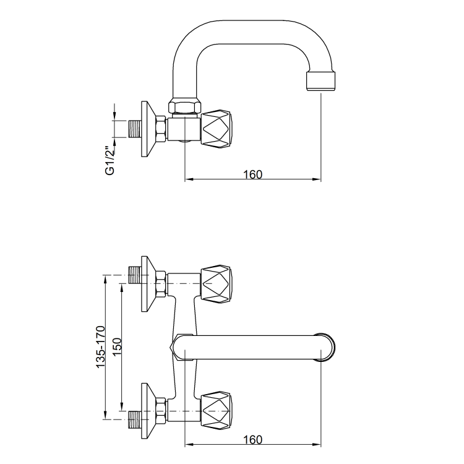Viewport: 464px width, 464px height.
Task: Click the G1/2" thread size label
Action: [110, 160]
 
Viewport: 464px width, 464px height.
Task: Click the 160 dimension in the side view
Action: [252, 174]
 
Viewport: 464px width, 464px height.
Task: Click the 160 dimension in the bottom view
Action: [252, 439]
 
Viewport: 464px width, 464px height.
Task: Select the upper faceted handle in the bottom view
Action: [217, 284]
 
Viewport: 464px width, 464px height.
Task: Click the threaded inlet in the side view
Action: [134, 129]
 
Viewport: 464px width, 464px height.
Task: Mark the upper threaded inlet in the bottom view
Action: [134, 276]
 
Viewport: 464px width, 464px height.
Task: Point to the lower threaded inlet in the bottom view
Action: [134, 418]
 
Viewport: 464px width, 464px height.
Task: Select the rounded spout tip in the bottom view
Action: [329, 347]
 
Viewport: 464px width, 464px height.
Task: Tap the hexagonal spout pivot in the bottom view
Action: [179, 347]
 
